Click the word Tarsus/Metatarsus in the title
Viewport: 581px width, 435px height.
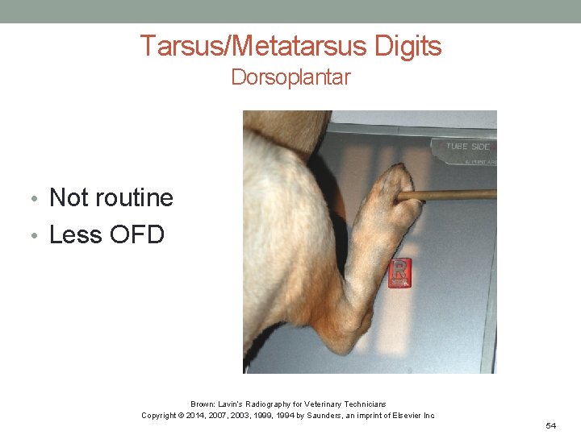(x=253, y=46)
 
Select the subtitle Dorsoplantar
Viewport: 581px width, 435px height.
(x=290, y=77)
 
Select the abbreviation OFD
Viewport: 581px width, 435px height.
(x=136, y=234)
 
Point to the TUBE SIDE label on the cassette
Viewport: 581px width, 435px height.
(x=468, y=147)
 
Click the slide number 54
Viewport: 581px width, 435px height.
(x=550, y=425)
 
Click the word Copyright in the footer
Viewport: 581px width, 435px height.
(x=160, y=416)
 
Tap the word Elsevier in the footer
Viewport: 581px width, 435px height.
(x=401, y=416)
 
